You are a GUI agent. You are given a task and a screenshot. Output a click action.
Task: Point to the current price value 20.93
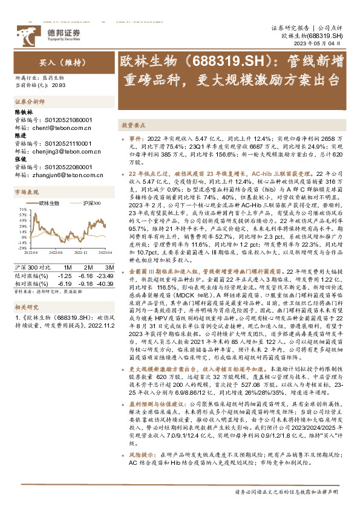pos(59,86)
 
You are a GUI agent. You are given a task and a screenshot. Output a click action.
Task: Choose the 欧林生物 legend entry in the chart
pos(49,204)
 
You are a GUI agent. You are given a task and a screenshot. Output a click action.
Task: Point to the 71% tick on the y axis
pos(22,210)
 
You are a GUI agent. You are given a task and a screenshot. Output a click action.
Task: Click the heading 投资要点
pos(134,125)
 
